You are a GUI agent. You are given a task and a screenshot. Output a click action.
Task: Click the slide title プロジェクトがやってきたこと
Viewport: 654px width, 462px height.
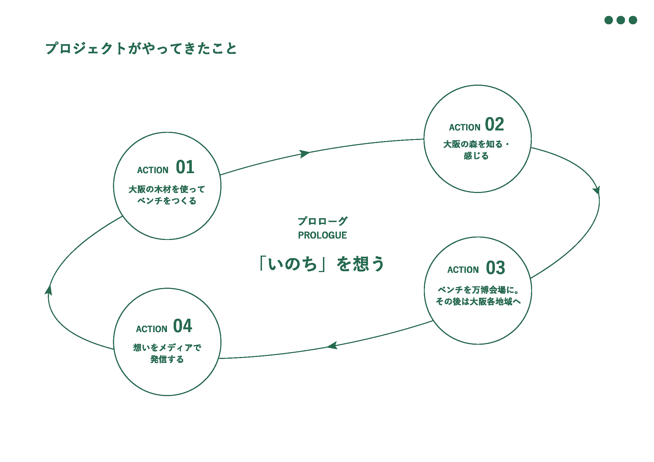pos(141,48)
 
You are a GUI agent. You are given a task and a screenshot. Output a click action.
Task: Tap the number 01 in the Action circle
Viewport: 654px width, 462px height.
pos(185,167)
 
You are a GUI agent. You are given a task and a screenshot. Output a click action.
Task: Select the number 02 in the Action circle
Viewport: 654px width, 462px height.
pos(495,124)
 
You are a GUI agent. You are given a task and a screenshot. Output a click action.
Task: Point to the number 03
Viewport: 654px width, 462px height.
pos(495,268)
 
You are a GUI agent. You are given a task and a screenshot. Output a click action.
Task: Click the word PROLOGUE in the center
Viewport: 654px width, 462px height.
pos(322,235)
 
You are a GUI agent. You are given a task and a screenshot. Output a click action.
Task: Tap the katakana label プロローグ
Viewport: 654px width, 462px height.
pos(322,221)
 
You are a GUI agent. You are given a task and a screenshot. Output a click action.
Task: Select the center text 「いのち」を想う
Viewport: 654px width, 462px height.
pos(322,264)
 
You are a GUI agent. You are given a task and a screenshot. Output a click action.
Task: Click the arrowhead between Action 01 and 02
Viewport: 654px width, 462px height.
pos(304,154)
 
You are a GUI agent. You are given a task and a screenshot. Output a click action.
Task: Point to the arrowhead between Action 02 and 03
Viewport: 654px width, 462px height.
pos(597,190)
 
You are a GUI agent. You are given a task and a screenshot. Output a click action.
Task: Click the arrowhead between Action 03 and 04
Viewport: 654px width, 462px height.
pos(332,346)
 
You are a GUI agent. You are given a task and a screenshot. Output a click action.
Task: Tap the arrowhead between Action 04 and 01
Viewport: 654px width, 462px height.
pos(49,290)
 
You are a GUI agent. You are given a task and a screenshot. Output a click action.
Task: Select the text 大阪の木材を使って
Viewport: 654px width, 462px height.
pos(167,189)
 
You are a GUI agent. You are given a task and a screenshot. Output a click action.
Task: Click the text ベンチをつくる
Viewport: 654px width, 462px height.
pos(167,201)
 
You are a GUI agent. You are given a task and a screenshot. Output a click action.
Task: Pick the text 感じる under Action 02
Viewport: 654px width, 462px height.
pos(476,156)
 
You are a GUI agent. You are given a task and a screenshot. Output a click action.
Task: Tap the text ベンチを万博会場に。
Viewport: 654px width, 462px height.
pos(478,290)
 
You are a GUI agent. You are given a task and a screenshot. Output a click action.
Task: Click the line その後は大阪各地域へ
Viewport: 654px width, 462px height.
pos(478,302)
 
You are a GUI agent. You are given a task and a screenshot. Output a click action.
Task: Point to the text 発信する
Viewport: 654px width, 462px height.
pos(167,359)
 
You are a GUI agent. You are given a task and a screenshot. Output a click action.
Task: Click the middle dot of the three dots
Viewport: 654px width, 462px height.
pos(621,20)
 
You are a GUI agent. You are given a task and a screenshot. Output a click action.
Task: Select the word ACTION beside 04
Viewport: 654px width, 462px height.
pos(152,329)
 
